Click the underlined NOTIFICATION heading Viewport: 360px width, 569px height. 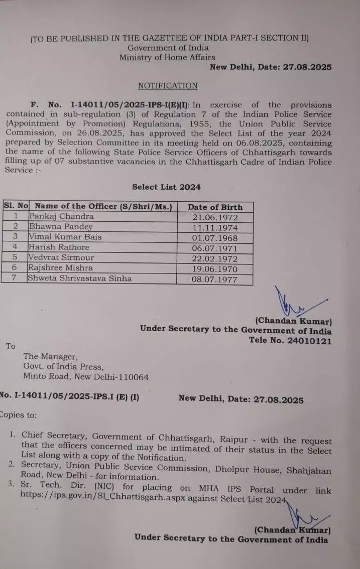168,86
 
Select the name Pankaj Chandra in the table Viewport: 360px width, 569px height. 61,216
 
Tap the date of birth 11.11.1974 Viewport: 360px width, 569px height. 215,228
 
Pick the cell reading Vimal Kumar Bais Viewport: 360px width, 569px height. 65,237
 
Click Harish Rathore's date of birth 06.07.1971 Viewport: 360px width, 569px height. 215,248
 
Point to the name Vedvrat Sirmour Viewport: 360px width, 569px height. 61,257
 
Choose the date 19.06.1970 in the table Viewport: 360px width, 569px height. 215,269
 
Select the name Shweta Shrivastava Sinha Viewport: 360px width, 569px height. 80,278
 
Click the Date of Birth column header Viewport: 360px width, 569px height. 215,207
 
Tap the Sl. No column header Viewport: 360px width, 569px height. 16,206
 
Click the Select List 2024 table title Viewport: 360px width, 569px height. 166,187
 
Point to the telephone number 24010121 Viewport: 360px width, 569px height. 311,340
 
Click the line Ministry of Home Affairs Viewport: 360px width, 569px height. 167,58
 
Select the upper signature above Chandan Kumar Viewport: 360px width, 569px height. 294,304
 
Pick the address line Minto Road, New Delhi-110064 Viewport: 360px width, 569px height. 86,377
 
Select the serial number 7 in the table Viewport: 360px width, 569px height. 16,278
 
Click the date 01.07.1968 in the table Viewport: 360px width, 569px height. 215,238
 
